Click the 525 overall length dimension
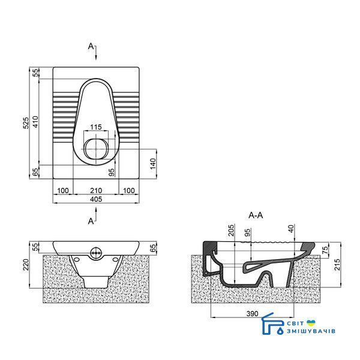pos(26,123)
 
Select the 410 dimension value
pos(35,122)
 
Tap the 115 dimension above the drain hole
pos(96,127)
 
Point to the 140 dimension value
pos(153,163)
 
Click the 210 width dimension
pos(96,191)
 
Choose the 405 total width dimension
pos(96,199)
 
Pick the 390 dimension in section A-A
pos(253,313)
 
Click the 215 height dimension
pos(337,265)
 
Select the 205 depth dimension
pos(231,230)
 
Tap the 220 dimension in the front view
pos(26,265)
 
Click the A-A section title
pos(256,215)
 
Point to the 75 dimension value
pos(326,249)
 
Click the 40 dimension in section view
pos(291,229)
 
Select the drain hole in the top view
pos(96,149)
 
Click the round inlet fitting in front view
pos(95,253)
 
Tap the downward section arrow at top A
pos(96,52)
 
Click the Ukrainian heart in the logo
pos(311,323)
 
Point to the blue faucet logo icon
pos(273,324)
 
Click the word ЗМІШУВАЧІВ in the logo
pos(311,331)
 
